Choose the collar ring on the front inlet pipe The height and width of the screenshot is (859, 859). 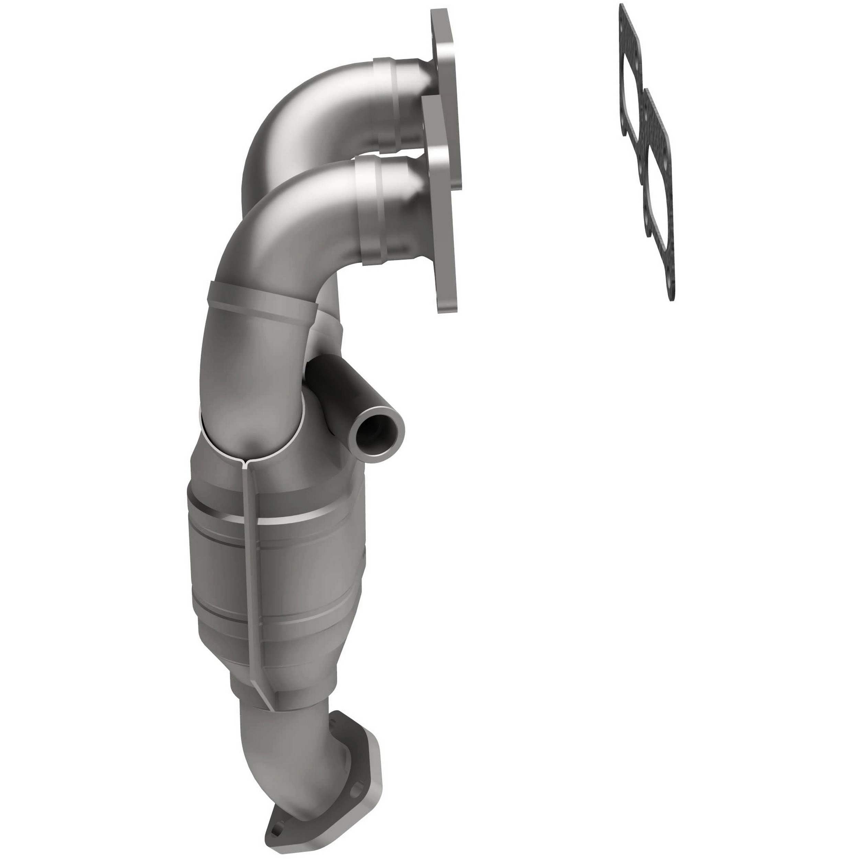point(371,213)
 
